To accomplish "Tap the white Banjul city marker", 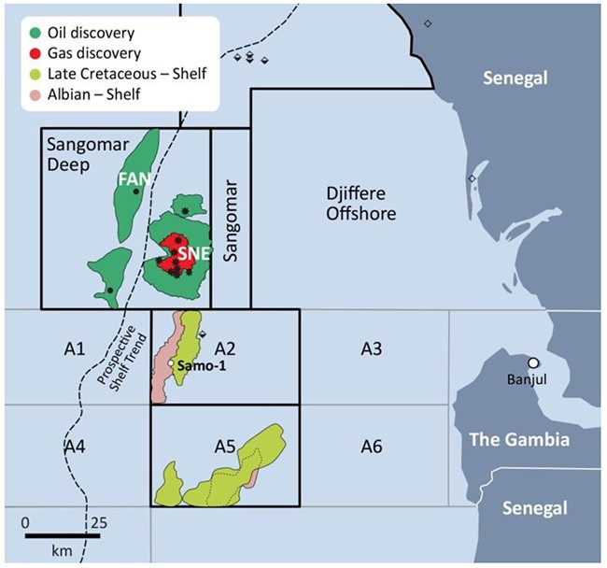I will (x=533, y=362).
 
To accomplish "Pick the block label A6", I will (x=373, y=447).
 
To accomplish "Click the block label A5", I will (x=224, y=447).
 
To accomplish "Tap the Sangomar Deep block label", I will (x=78, y=153).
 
